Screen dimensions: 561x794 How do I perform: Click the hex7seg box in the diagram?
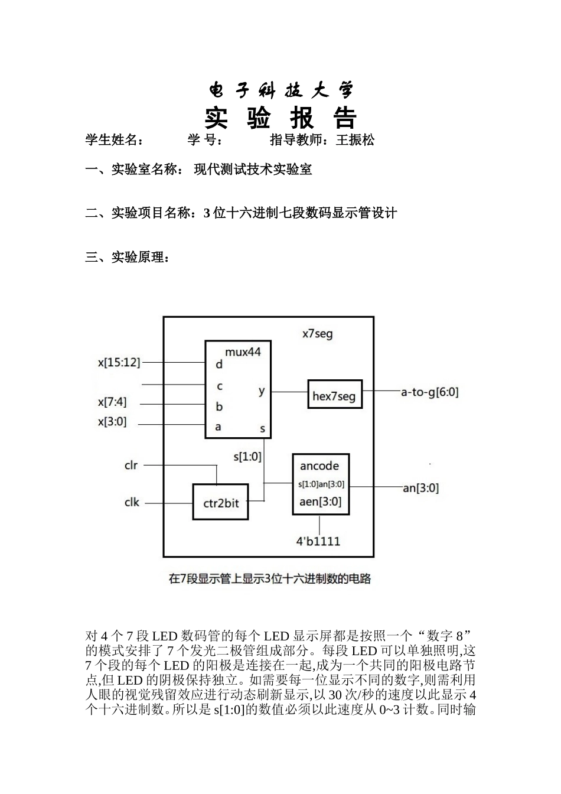(334, 395)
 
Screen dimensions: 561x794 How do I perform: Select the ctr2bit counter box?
(220, 502)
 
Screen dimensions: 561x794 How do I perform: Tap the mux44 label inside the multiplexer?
(243, 352)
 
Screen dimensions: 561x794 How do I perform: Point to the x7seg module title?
(318, 334)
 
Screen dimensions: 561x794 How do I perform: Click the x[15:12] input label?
(119, 362)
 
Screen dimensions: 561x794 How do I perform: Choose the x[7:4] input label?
(112, 402)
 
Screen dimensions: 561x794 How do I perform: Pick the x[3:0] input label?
(112, 422)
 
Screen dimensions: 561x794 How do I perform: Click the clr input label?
(131, 465)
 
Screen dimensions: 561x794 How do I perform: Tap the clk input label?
(132, 502)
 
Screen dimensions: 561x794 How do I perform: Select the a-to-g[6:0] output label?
(429, 391)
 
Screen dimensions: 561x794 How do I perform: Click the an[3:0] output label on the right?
(420, 488)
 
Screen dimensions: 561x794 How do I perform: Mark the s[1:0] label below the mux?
(247, 456)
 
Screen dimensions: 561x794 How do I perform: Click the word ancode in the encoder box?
(319, 466)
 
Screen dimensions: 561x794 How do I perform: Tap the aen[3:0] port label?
(320, 502)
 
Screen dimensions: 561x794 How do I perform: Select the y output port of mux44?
(262, 391)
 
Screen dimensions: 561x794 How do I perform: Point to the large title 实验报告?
(281, 119)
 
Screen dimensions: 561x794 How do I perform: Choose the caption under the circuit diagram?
(270, 579)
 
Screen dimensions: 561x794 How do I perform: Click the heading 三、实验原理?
(128, 258)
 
